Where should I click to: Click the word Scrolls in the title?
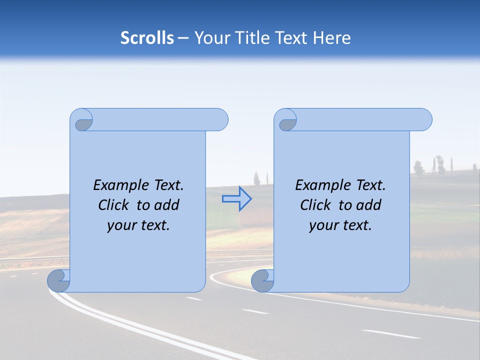[147, 38]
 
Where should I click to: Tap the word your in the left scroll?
[120, 225]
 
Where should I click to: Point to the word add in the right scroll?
[369, 205]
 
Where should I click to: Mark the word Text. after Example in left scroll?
[166, 185]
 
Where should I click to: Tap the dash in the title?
[183, 38]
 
